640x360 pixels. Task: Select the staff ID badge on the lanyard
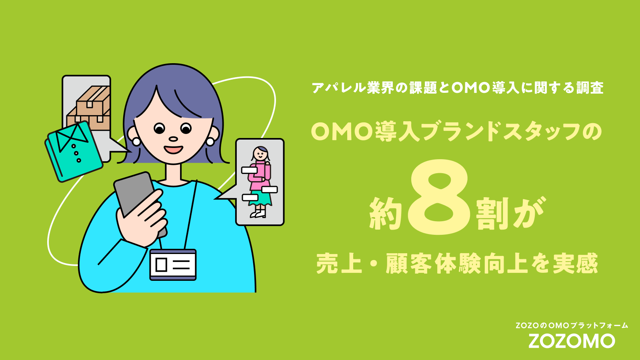173,264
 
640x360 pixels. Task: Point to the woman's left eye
159,128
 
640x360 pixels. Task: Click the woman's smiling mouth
173,150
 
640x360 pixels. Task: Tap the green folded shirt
74,152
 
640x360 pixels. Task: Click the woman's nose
173,139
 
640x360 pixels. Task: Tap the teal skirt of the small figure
260,199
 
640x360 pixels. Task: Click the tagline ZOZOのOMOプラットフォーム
572,326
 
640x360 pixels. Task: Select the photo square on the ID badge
162,265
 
